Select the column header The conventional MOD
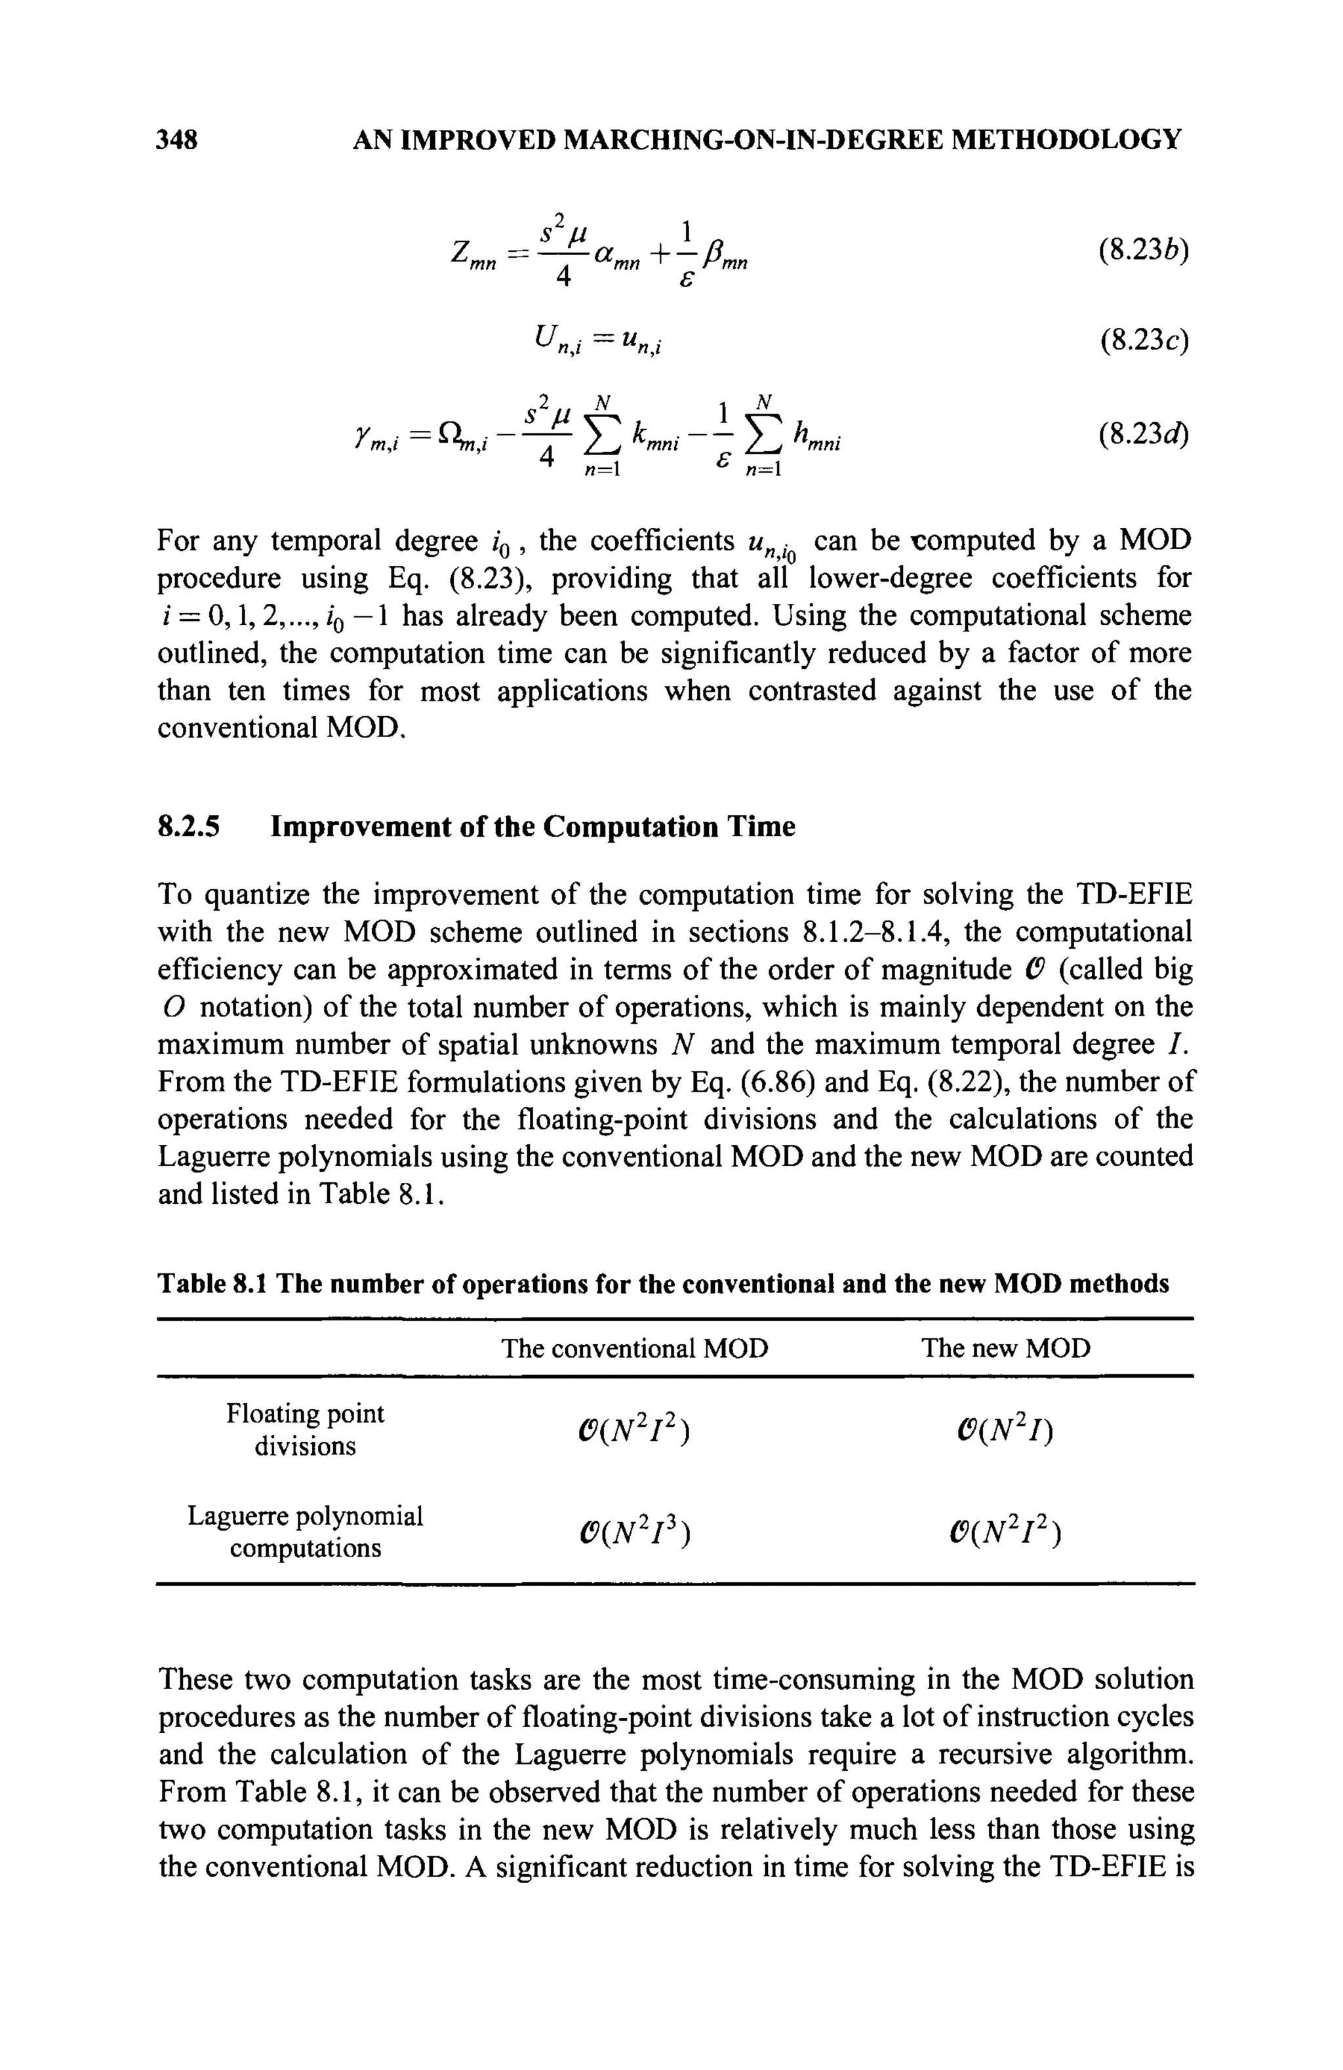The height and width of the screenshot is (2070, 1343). click(635, 1348)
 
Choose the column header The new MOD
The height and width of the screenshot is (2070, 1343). click(1005, 1348)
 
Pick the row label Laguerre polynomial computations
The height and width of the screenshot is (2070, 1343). click(306, 1532)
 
